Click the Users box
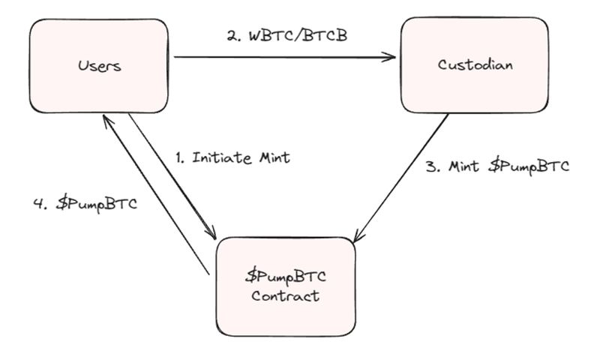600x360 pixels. point(98,66)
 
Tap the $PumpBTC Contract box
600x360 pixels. point(285,284)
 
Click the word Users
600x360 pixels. point(99,66)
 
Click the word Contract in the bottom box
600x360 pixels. point(285,295)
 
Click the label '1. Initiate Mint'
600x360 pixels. point(232,158)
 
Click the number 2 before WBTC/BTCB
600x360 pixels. point(232,35)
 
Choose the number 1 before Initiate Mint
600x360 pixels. point(178,158)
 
